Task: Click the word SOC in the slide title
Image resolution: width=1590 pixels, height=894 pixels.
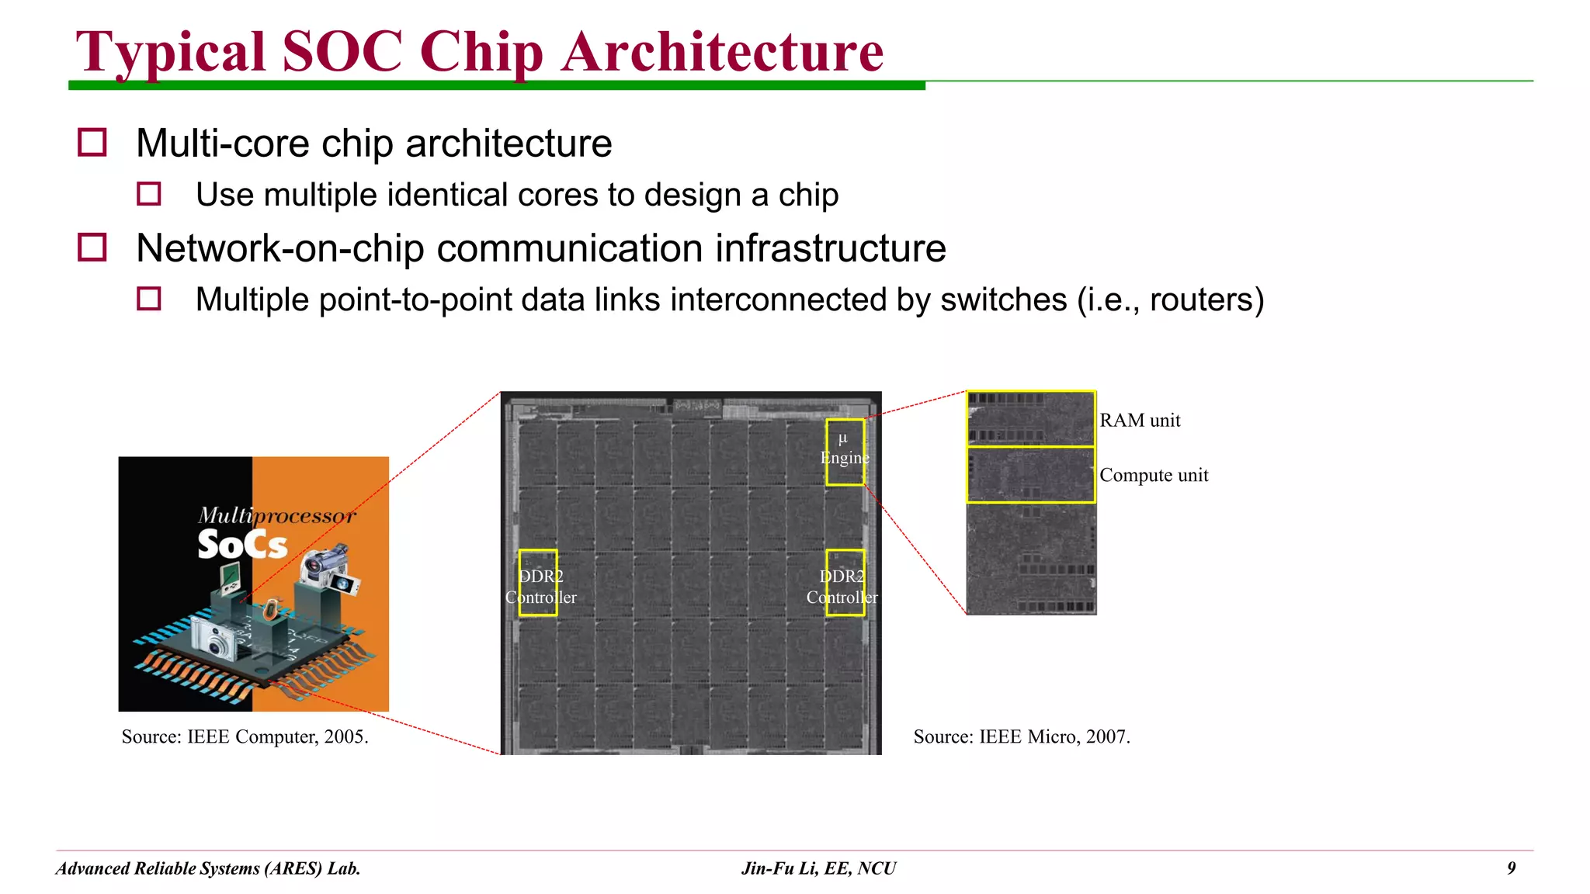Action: pyautogui.click(x=342, y=52)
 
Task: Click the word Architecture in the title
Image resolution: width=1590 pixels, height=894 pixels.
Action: pyautogui.click(x=723, y=52)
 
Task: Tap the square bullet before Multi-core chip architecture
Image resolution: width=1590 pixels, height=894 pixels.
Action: pyautogui.click(x=92, y=143)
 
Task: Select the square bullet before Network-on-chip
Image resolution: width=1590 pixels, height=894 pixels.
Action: pyautogui.click(x=92, y=248)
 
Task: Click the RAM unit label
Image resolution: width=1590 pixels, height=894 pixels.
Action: pyautogui.click(x=1140, y=421)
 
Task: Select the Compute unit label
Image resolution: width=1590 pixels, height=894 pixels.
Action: pyautogui.click(x=1154, y=475)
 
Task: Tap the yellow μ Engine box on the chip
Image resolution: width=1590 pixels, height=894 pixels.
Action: pyautogui.click(x=845, y=452)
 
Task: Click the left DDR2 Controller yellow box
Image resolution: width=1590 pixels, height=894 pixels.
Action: pyautogui.click(x=538, y=583)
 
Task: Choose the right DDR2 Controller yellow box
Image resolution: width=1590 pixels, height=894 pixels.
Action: pyautogui.click(x=845, y=583)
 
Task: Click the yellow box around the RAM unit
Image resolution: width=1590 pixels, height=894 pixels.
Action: pyautogui.click(x=1031, y=418)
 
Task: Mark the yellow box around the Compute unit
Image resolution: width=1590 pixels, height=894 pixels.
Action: pyautogui.click(x=1031, y=475)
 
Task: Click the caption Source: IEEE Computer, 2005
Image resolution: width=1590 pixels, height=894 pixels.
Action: pyautogui.click(x=245, y=736)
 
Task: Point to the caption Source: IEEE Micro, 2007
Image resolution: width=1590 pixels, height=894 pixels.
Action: pyautogui.click(x=1022, y=736)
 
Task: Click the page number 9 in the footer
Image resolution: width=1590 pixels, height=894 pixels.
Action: pyautogui.click(x=1511, y=868)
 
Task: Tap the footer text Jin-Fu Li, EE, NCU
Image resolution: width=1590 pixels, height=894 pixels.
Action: pyautogui.click(x=818, y=868)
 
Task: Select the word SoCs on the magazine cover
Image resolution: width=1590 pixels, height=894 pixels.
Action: pyautogui.click(x=242, y=545)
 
